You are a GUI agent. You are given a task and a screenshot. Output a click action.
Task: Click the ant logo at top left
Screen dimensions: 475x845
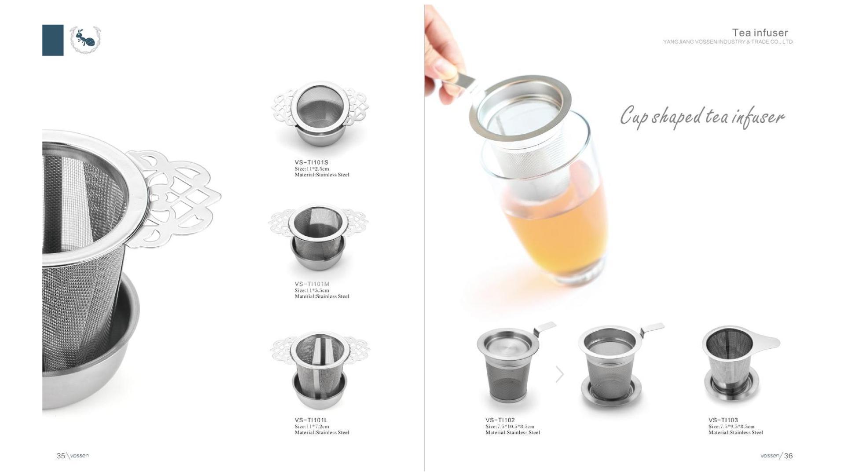(86, 40)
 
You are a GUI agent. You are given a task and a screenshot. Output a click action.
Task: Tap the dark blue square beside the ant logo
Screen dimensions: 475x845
(53, 40)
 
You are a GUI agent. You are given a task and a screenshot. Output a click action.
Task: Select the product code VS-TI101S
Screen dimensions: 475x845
(312, 162)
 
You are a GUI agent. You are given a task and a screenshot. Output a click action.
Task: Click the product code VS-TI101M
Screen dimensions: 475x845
(312, 284)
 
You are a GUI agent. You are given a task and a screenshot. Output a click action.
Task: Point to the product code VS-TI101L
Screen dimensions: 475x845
(311, 420)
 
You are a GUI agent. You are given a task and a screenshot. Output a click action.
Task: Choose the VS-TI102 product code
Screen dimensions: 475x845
(500, 420)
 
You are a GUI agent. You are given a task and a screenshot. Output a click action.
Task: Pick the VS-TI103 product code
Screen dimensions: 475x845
(723, 420)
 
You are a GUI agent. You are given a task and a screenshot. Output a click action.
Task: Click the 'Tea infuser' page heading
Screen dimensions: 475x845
(760, 33)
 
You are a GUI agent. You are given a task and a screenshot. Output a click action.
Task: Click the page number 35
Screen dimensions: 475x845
(61, 456)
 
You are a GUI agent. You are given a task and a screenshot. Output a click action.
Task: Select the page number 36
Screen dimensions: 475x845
(788, 456)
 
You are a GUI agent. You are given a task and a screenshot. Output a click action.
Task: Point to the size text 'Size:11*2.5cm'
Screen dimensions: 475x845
(312, 169)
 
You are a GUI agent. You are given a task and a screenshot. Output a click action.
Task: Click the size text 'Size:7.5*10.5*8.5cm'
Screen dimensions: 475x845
(510, 427)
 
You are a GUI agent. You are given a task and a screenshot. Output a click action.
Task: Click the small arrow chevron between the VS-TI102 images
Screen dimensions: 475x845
(560, 374)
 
